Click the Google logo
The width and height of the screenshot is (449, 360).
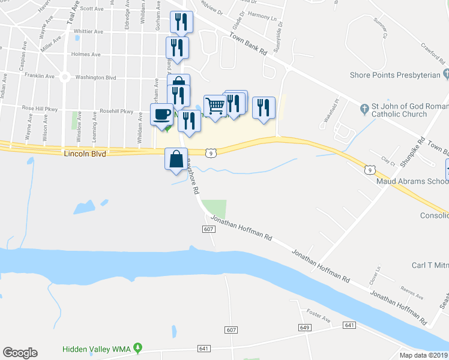click(20, 353)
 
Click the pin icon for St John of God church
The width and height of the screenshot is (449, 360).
click(364, 109)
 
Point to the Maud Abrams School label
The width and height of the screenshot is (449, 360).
click(412, 181)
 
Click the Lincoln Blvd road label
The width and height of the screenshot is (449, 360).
click(84, 154)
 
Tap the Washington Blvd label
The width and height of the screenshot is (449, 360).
click(95, 77)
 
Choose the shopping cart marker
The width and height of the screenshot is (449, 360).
click(215, 105)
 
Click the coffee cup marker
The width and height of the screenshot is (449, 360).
click(161, 114)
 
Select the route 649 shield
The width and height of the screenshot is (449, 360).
click(304, 327)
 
